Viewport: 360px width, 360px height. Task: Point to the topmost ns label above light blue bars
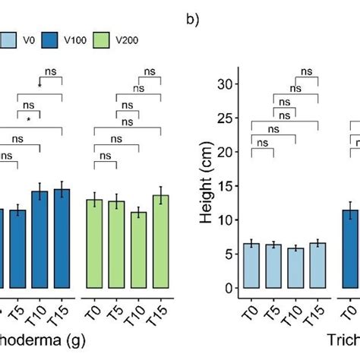306,71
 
